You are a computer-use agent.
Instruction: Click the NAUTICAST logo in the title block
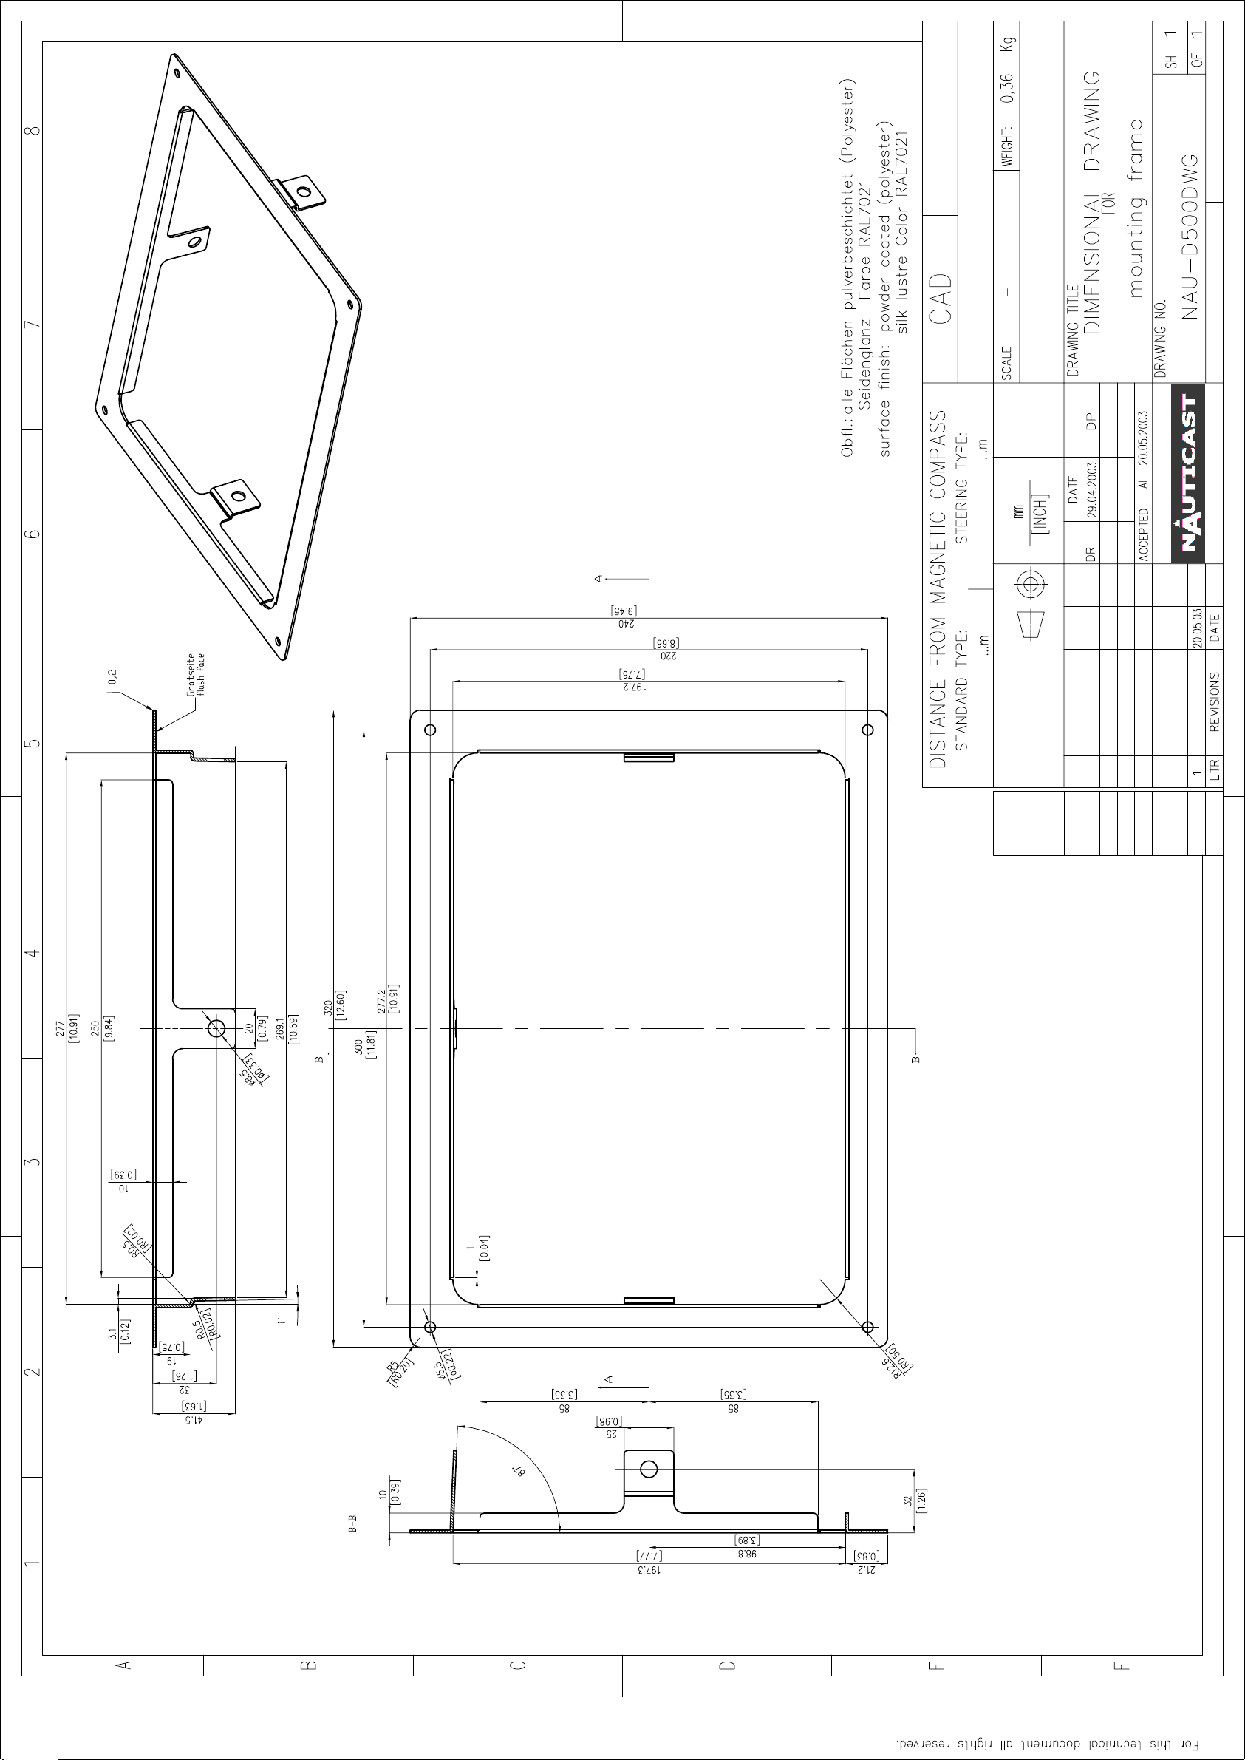tap(1188, 473)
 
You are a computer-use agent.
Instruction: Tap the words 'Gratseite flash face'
tap(197, 674)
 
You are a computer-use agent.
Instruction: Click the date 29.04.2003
tap(1091, 490)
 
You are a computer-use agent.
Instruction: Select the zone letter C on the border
tap(518, 1665)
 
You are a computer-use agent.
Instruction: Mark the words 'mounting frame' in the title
tap(1135, 208)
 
